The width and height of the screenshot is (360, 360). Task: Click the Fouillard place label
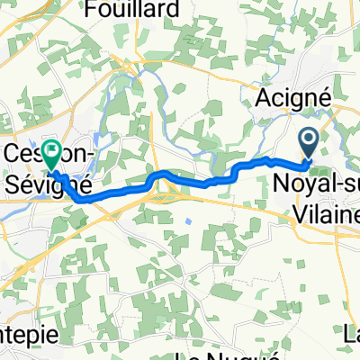[132, 10]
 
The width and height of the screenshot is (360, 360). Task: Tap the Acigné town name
[289, 96]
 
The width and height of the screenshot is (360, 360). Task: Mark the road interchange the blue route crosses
[164, 186]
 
